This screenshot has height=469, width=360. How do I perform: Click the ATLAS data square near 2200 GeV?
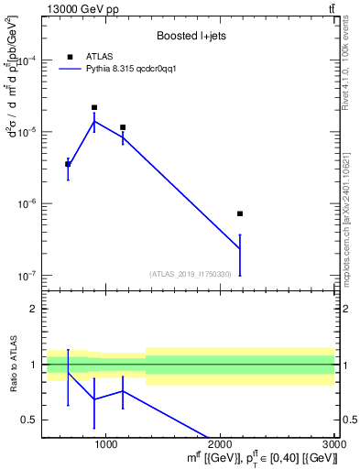click(x=240, y=213)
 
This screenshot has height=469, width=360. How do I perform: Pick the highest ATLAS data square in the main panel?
click(x=94, y=107)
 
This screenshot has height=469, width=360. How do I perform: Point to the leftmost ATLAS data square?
click(x=68, y=163)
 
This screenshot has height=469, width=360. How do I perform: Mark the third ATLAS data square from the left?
click(x=123, y=127)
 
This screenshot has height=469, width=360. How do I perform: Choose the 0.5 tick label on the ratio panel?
click(x=30, y=420)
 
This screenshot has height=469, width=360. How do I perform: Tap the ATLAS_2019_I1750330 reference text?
click(x=189, y=274)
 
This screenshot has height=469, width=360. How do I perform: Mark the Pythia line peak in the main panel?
click(x=94, y=121)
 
